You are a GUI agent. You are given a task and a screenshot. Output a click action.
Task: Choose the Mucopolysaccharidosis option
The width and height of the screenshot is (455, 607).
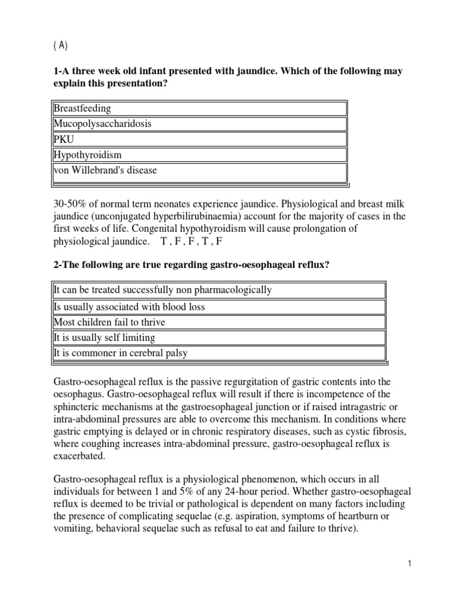tap(102, 124)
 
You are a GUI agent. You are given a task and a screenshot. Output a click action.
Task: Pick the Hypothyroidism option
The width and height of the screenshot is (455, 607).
tap(87, 155)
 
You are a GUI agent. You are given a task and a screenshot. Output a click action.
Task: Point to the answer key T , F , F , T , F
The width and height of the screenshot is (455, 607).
tap(191, 242)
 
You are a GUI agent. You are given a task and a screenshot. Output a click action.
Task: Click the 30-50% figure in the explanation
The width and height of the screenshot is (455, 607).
tap(72, 202)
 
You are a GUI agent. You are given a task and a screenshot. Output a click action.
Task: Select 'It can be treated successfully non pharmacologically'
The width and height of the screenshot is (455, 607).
tap(162, 290)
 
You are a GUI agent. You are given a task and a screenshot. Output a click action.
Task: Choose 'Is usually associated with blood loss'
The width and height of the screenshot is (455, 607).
tap(129, 307)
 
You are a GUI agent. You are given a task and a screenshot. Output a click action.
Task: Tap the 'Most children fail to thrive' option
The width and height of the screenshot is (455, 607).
tap(109, 322)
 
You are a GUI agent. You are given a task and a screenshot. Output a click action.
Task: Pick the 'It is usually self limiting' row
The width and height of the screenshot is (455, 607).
tap(104, 338)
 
